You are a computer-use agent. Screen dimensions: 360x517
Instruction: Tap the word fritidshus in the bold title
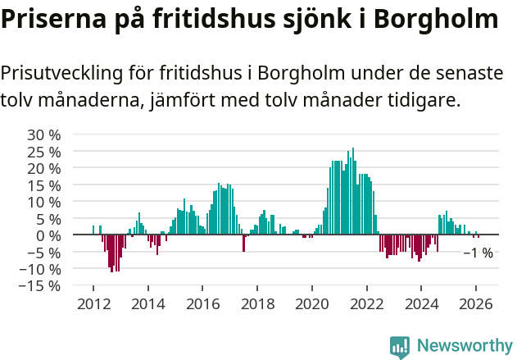coord(212,20)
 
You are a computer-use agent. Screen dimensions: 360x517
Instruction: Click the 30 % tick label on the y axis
coord(44,134)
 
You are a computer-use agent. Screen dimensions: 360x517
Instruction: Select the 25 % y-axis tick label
coord(44,152)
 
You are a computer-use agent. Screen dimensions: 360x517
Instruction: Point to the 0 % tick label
coord(48,235)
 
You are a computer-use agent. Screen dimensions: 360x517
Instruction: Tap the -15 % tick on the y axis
coord(41,286)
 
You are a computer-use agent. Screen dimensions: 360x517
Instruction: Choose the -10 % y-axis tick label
coord(41,269)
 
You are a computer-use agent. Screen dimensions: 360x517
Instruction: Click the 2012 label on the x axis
coord(93,303)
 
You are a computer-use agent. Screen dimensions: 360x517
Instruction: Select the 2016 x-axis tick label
coord(202,303)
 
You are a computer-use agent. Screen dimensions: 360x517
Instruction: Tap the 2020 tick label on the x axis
coord(312,303)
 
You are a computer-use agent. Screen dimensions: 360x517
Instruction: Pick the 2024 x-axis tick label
coord(421,303)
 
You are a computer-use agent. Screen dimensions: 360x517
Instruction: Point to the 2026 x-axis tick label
coord(476,303)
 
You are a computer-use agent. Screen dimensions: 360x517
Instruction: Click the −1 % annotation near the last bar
coord(478,253)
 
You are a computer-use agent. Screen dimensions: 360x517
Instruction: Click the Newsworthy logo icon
coord(400,346)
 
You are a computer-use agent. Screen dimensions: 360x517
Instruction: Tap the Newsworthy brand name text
coord(464,346)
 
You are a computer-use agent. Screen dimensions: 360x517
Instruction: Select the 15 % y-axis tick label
coord(44,185)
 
